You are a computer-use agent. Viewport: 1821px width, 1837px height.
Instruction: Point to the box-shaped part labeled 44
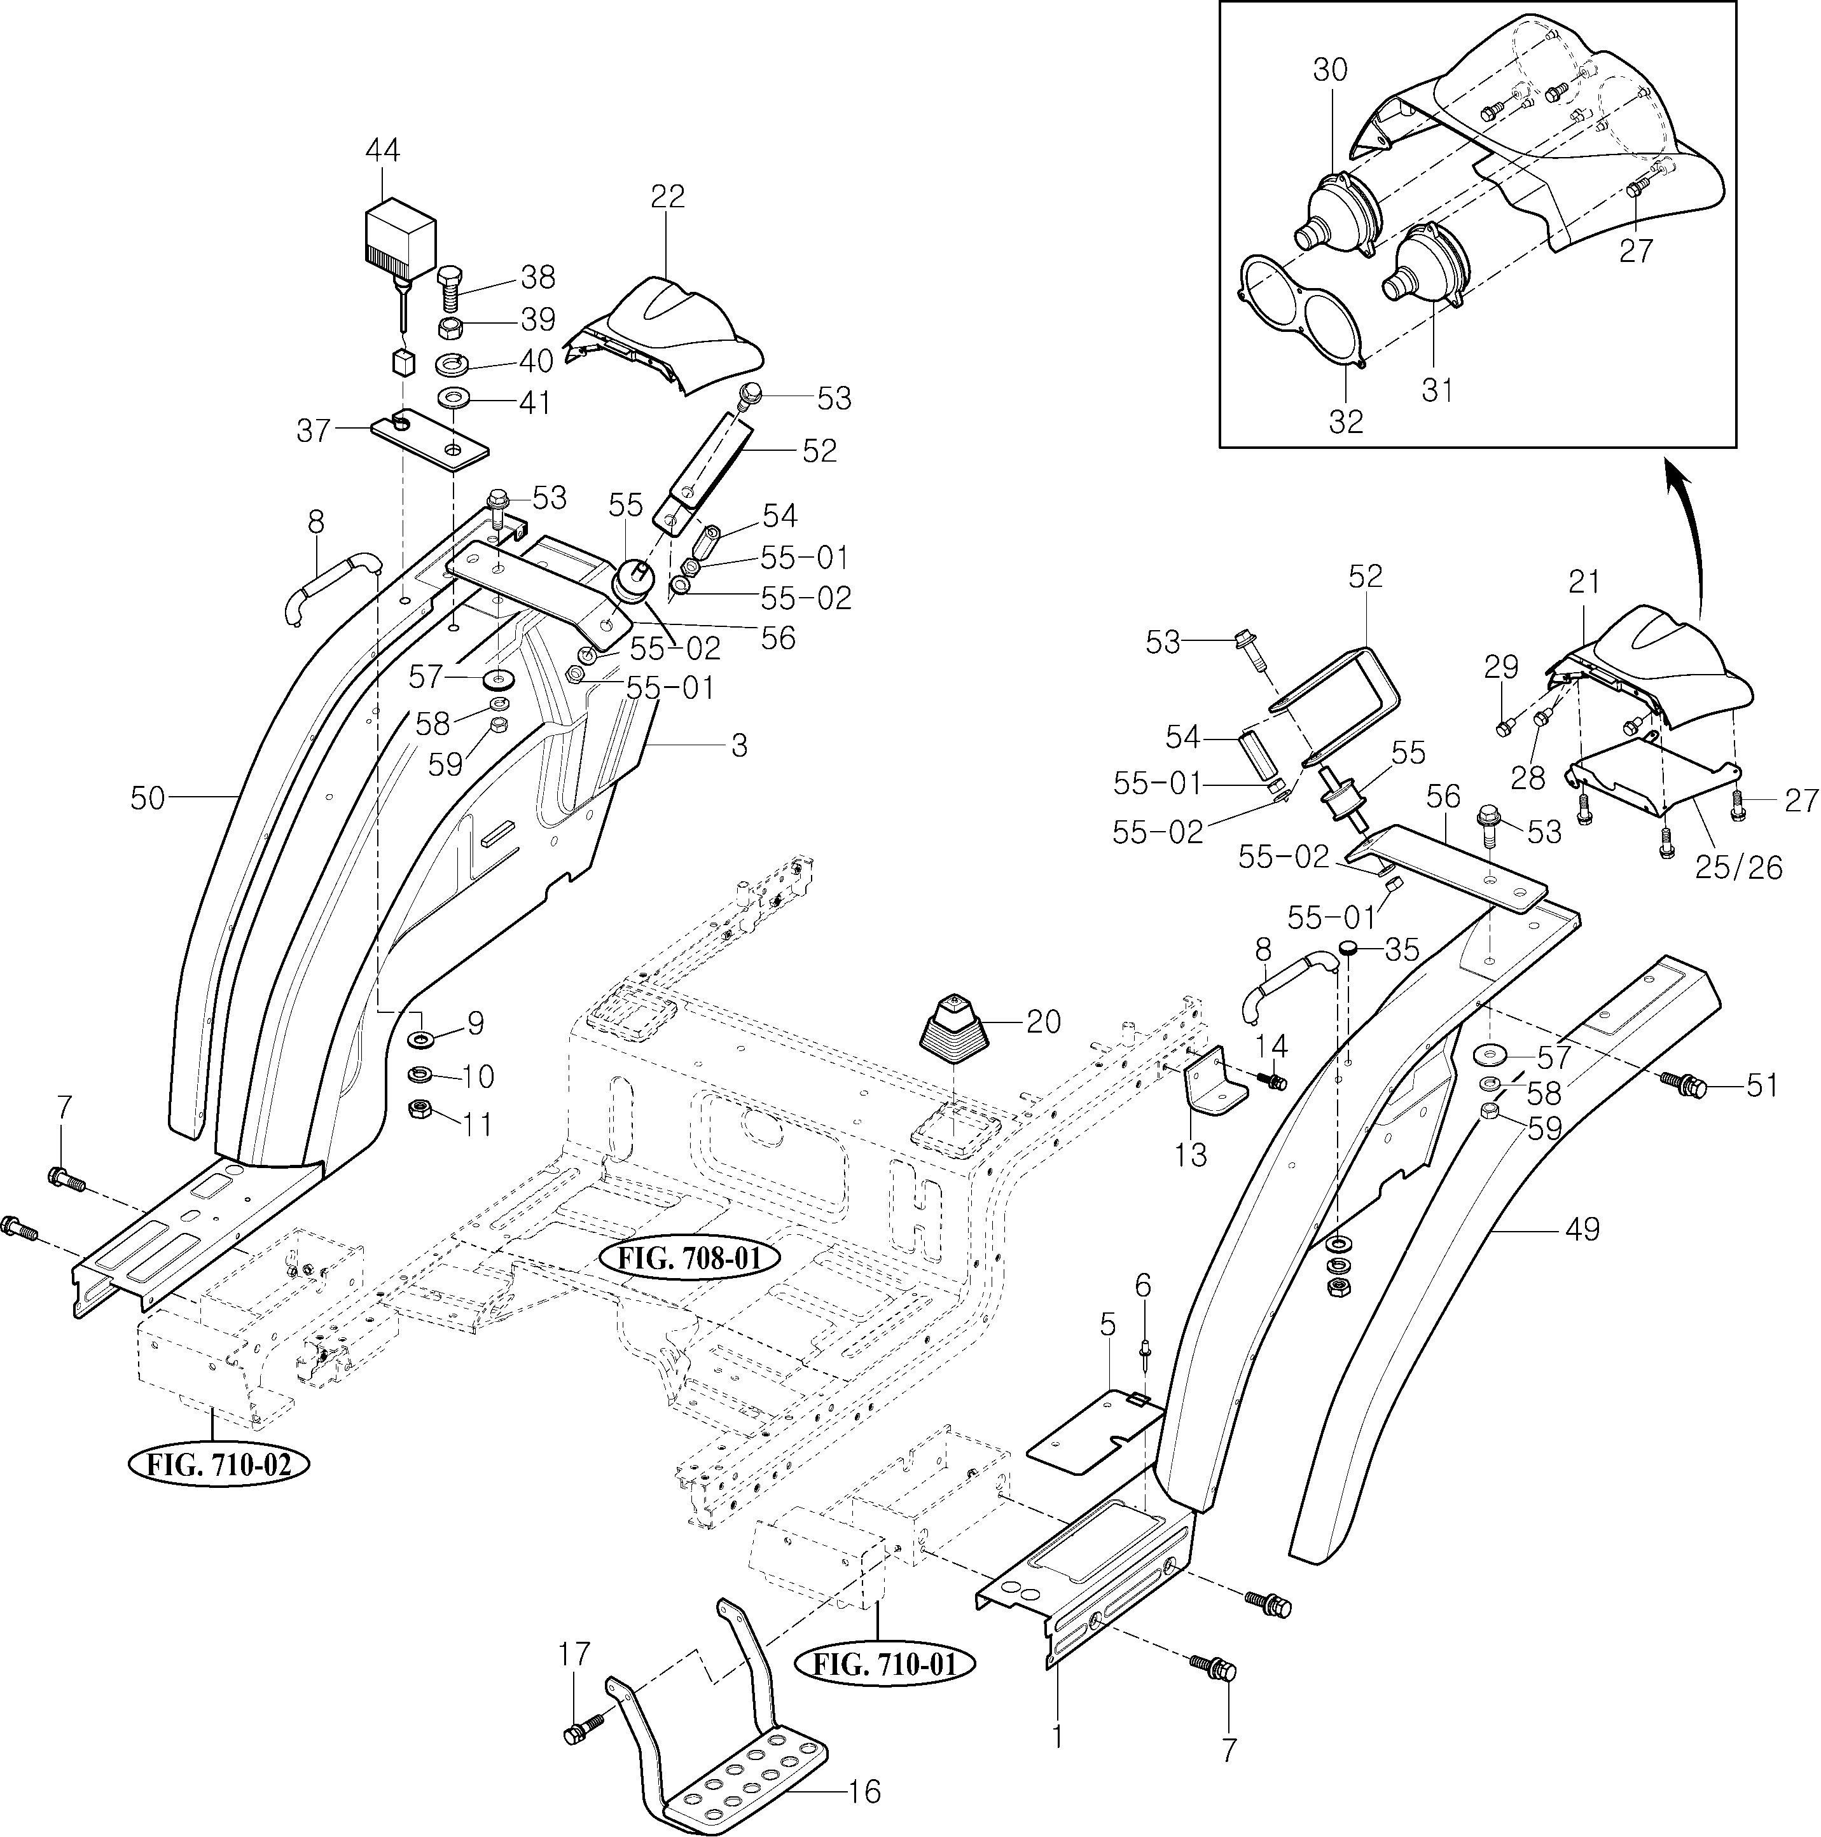click(400, 233)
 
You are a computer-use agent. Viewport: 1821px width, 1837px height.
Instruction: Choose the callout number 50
click(148, 799)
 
